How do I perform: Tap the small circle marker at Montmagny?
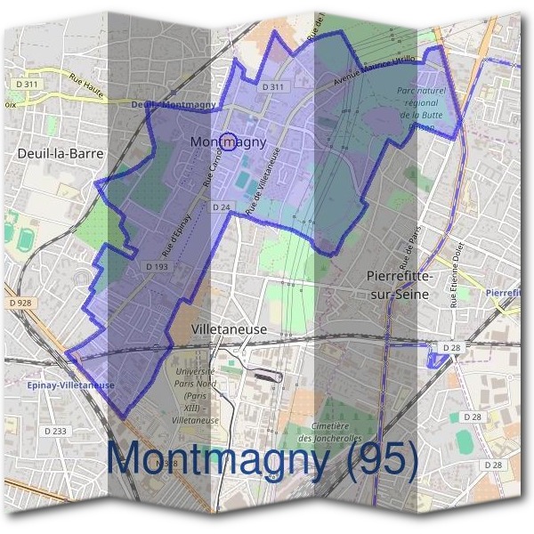click(228, 142)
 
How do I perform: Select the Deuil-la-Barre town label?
click(61, 153)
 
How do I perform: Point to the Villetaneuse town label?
click(230, 329)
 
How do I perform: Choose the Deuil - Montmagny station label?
click(174, 105)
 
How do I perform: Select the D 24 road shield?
click(222, 206)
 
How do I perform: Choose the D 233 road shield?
click(54, 432)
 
